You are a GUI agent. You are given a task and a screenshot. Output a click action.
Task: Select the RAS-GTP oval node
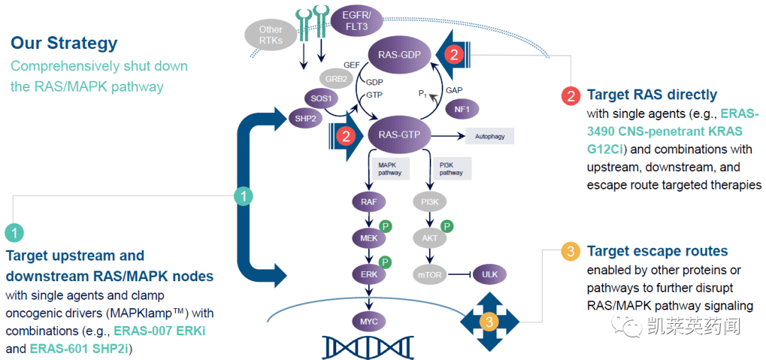coord(399,135)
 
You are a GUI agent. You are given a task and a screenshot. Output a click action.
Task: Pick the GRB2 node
coord(337,79)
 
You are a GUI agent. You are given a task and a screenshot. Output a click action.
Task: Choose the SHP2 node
coord(305,118)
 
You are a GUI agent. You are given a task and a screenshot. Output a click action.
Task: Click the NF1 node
coord(462,109)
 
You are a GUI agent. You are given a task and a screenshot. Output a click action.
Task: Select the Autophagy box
coord(489,135)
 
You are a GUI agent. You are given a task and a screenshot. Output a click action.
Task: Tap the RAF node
coord(369,202)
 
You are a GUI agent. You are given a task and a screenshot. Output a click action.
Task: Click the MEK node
coord(369,238)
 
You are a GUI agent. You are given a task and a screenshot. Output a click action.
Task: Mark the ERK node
coord(369,273)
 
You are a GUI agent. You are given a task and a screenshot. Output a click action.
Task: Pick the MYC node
coord(369,322)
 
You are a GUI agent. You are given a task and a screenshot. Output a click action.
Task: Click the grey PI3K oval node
coord(430,202)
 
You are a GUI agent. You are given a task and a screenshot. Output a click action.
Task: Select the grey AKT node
coord(430,238)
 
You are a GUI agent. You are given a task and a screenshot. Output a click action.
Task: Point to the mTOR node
coord(430,273)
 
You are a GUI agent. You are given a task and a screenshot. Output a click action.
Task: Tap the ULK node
coord(489,273)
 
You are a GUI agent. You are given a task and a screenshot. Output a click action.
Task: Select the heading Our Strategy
coord(64,43)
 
